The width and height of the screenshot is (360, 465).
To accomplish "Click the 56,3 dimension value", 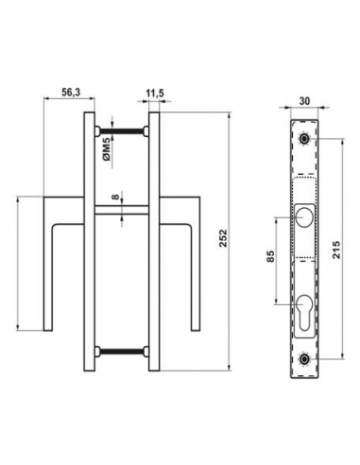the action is coord(71,93).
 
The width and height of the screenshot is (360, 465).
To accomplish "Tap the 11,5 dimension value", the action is coord(155,93).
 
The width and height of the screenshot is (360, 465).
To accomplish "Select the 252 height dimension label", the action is coord(223,238).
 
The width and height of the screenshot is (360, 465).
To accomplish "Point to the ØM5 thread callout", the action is coord(107,149).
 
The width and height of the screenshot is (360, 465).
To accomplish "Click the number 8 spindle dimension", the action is coord(116,198).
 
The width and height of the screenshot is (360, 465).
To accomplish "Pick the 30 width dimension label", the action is coord(304,101).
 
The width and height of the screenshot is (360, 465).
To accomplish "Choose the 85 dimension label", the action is coord(271,256).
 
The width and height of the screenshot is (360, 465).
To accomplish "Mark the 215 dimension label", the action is coord(336,250).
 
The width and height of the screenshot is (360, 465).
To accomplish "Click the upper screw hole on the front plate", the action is coord(304,139).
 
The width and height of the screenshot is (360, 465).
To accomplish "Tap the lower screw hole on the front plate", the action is coord(304,359).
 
